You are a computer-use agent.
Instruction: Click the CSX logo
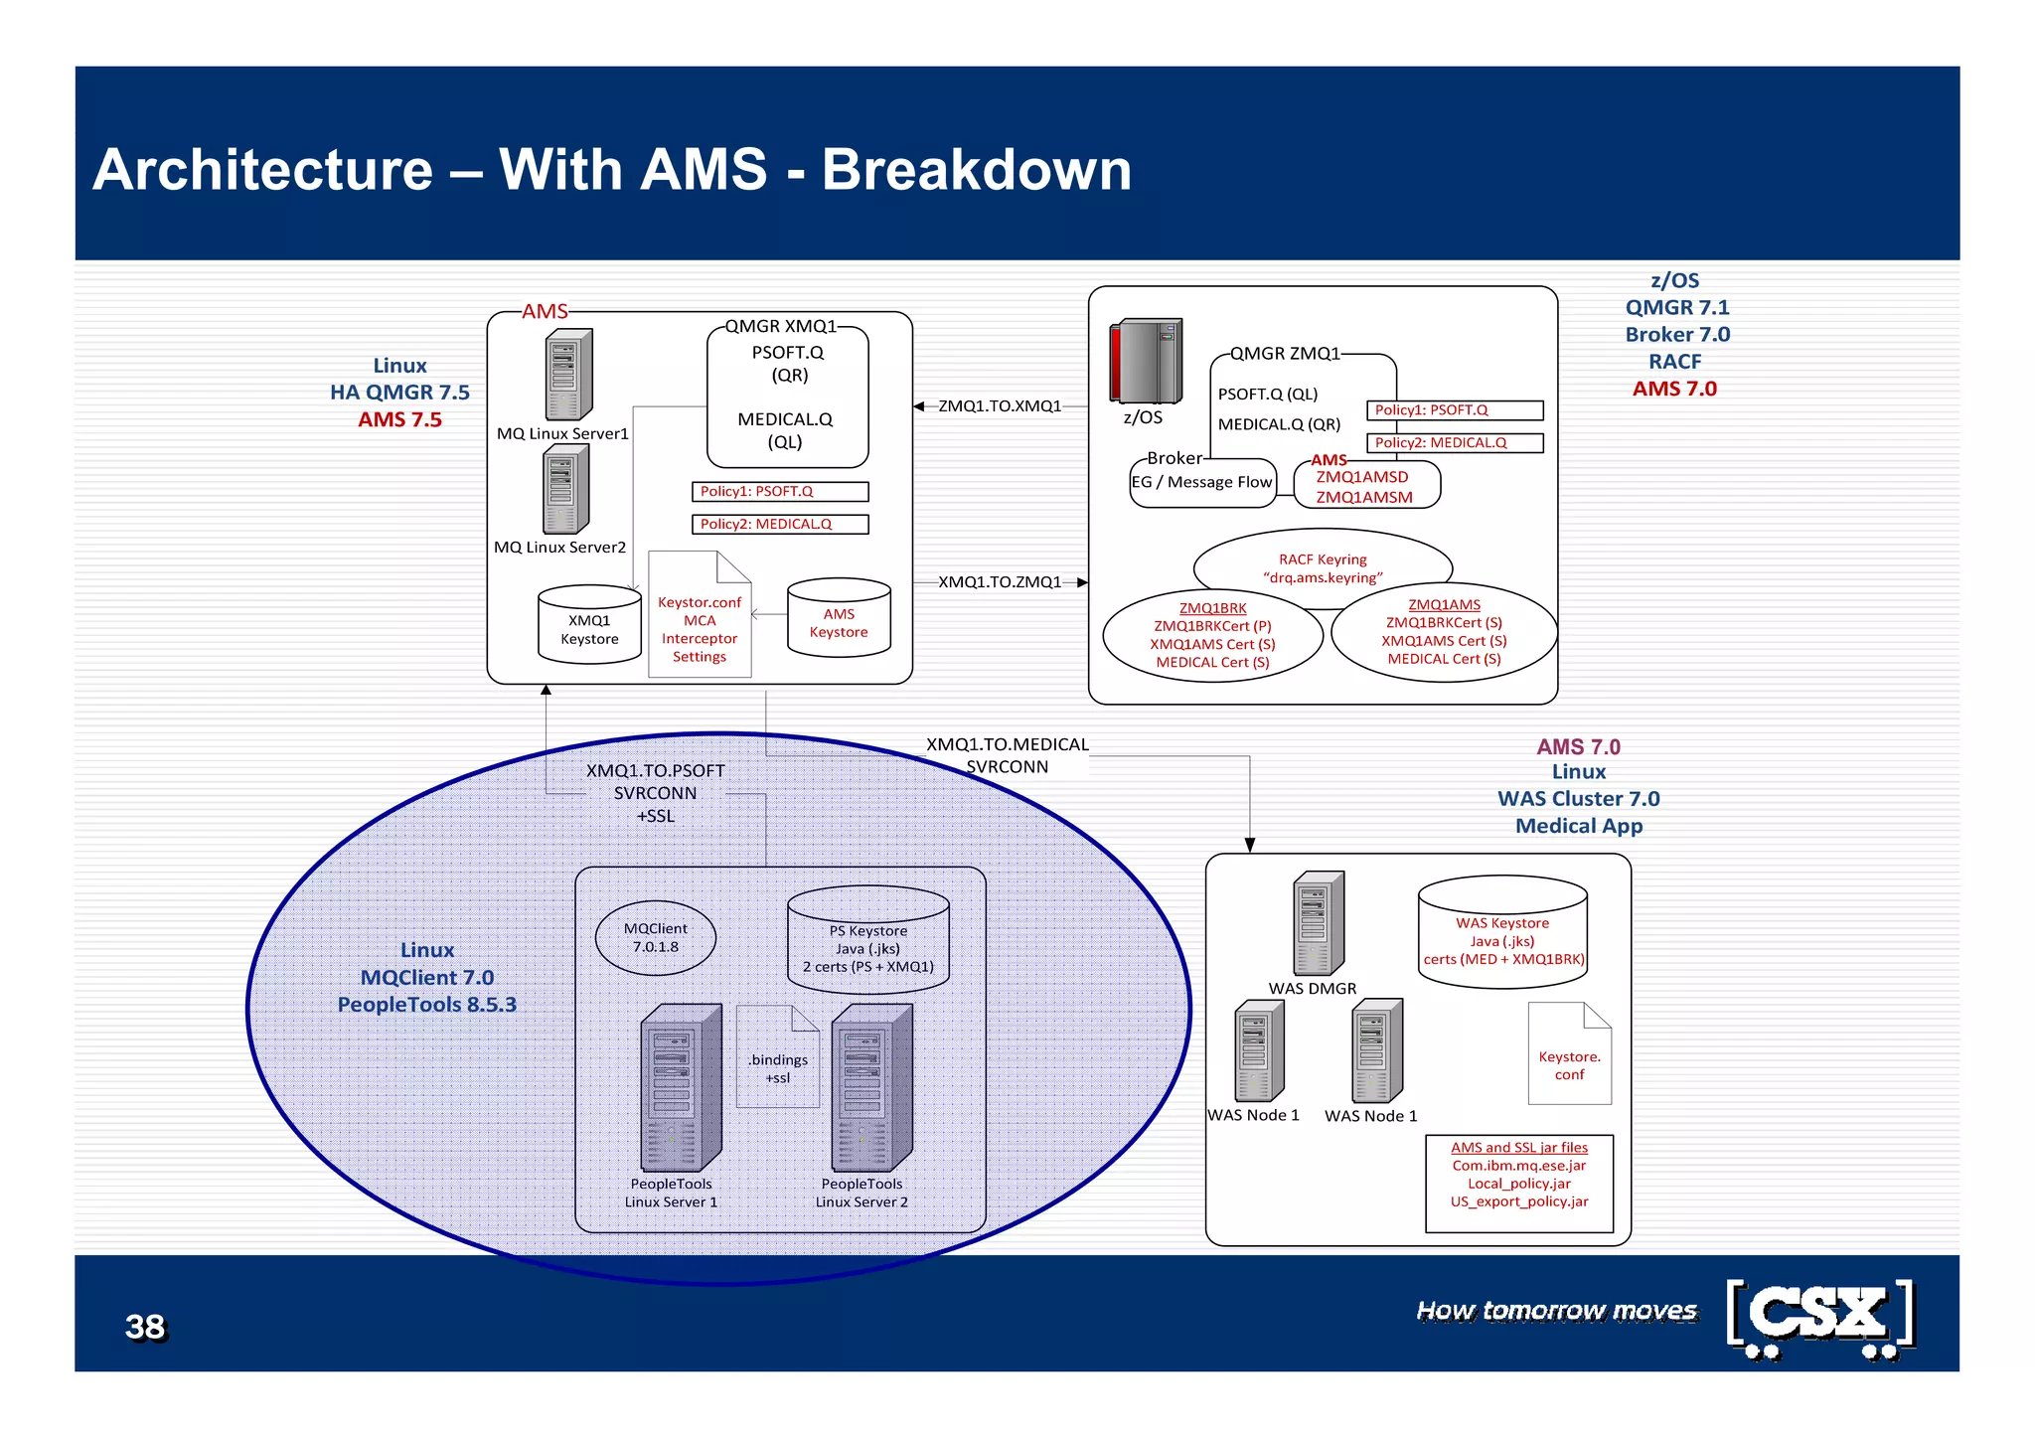tap(1820, 1318)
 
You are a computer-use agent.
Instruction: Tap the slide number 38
tap(145, 1327)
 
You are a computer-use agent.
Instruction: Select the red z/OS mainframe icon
tap(1146, 361)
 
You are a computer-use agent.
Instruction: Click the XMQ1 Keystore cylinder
tap(589, 625)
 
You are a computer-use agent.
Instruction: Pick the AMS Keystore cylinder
tap(839, 619)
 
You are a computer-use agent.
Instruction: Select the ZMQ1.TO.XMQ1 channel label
tap(1000, 405)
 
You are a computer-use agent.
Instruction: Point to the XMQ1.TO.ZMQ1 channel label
tap(1000, 581)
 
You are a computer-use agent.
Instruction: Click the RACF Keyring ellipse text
tap(1323, 567)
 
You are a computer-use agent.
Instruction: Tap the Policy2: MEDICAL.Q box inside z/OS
tap(1455, 442)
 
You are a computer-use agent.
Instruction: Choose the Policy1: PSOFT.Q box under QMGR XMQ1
tap(779, 491)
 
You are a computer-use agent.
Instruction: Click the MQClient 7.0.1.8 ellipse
tap(656, 937)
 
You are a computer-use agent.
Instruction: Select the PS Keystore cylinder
tap(867, 941)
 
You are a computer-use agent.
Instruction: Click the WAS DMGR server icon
tap(1318, 923)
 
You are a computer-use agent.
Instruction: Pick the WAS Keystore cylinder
tap(1502, 934)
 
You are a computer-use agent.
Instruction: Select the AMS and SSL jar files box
tap(1518, 1182)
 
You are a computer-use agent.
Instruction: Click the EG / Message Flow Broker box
tap(1202, 483)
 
